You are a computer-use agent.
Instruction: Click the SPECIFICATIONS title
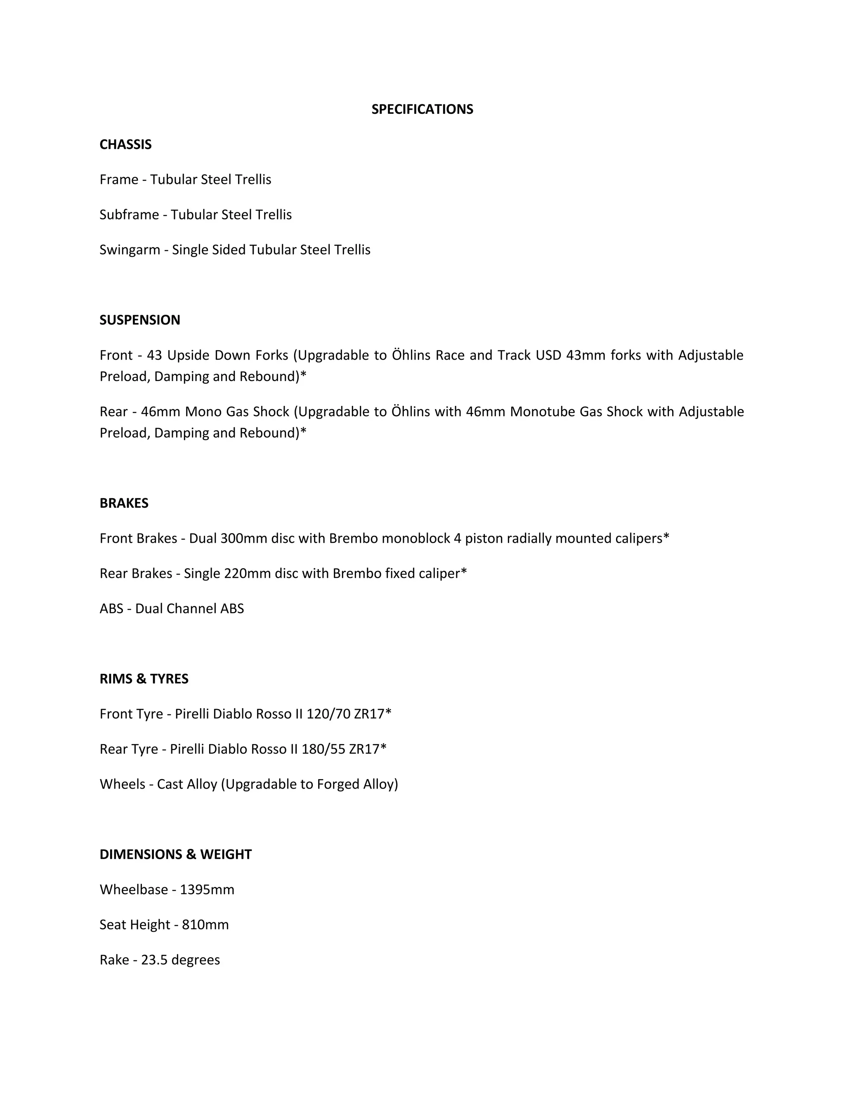tap(422, 109)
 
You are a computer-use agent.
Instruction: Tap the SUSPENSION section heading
tap(140, 320)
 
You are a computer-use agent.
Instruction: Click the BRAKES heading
tap(124, 503)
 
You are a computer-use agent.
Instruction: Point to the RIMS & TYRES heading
tap(144, 678)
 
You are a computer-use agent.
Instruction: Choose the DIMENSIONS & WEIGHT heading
tap(175, 854)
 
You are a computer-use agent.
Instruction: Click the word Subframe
tap(129, 215)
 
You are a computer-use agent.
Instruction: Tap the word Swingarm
tap(130, 250)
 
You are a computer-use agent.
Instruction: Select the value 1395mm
tap(207, 889)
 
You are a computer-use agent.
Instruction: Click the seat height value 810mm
tap(205, 924)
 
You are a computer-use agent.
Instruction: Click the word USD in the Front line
tap(548, 355)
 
